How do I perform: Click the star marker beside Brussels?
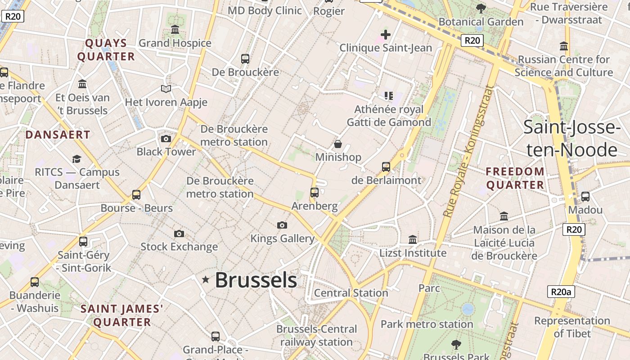click(x=206, y=280)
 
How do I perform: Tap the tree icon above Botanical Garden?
click(x=481, y=8)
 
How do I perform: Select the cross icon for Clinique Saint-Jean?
click(x=385, y=34)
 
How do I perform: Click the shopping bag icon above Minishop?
click(x=337, y=144)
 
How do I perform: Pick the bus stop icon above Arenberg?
click(x=315, y=193)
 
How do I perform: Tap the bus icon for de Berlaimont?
click(x=386, y=167)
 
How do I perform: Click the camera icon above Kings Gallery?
click(x=282, y=225)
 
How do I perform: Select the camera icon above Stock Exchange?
click(x=179, y=234)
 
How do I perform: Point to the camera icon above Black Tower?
click(x=166, y=139)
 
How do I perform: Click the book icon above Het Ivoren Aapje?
click(x=166, y=89)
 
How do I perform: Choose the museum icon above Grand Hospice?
click(x=175, y=30)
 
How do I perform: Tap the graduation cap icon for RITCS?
click(x=77, y=159)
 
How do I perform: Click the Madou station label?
click(x=585, y=210)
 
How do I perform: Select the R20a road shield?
click(x=561, y=292)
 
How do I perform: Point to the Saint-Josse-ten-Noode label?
click(x=572, y=139)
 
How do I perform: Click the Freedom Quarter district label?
click(x=515, y=178)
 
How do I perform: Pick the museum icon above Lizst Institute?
click(x=413, y=239)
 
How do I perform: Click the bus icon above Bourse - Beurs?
click(x=136, y=195)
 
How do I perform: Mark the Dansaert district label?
click(x=58, y=135)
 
